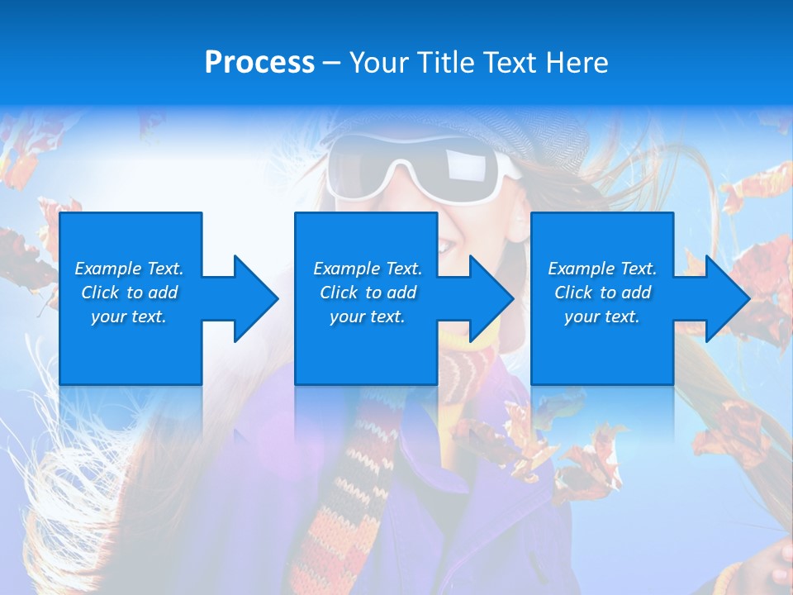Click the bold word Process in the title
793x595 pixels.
tap(259, 63)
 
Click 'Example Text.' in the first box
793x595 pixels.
tap(129, 269)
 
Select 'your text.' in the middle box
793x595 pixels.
tap(367, 317)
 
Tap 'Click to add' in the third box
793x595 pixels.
tap(602, 293)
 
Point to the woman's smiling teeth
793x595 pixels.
tap(447, 245)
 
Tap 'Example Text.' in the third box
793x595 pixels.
tap(602, 269)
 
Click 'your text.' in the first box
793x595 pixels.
tap(129, 317)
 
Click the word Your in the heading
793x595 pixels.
tap(380, 63)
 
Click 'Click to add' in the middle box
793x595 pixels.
tap(367, 293)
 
